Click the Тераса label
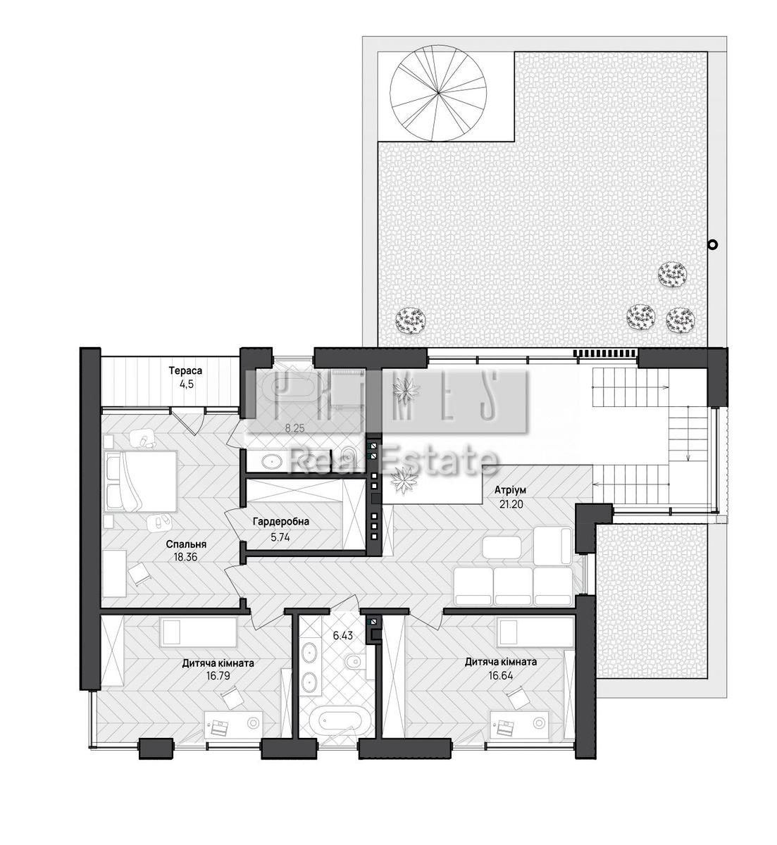point(185,370)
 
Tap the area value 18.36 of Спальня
point(185,557)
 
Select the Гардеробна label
point(281,522)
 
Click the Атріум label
point(511,491)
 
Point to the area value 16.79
point(218,677)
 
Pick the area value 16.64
point(501,676)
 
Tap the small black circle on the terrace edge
point(712,244)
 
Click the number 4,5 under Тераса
point(186,384)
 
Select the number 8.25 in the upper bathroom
point(294,430)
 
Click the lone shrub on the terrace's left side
point(410,321)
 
